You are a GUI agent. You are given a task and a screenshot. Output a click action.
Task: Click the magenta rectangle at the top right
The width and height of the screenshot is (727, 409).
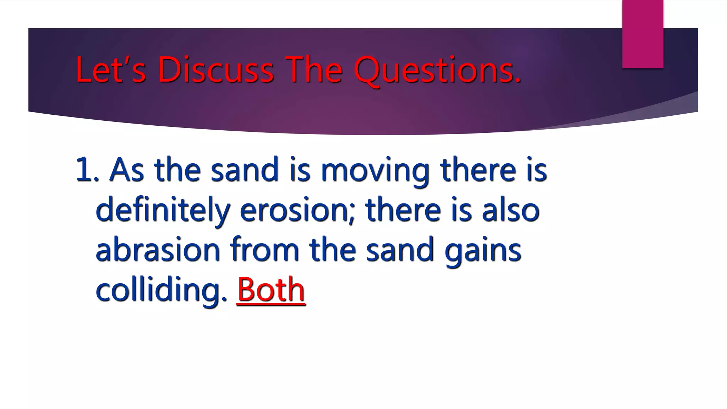643,34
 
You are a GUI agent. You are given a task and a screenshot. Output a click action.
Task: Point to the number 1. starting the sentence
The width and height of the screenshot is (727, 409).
87,170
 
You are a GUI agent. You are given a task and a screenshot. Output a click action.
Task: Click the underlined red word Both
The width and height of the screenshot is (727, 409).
271,290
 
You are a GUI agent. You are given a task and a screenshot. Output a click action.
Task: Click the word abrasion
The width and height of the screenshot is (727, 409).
158,250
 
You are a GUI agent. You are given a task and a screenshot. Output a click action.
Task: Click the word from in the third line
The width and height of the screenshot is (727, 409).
265,250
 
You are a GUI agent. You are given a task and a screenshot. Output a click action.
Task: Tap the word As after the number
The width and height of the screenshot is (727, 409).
127,170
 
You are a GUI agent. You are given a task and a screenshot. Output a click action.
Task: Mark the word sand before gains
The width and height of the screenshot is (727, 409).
400,250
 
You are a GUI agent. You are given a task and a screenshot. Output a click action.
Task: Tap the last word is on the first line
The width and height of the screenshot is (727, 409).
537,170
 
